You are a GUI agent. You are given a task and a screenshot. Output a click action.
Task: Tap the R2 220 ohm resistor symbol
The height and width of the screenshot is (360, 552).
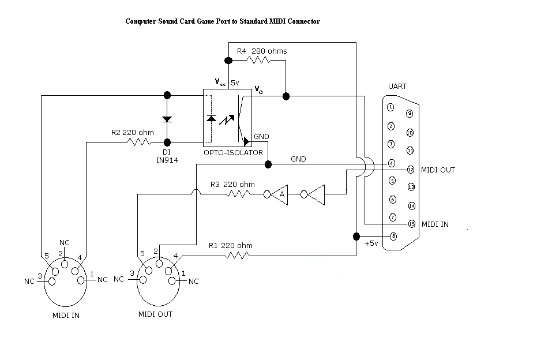click(138, 141)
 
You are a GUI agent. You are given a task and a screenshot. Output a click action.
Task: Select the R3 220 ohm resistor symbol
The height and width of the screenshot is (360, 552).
click(238, 194)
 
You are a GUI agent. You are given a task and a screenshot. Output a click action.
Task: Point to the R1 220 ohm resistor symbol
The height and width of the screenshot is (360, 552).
click(237, 254)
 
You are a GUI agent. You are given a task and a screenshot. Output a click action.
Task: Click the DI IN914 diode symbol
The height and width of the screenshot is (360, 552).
click(167, 119)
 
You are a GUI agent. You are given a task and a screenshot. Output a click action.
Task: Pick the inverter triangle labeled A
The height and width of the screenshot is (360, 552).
click(280, 194)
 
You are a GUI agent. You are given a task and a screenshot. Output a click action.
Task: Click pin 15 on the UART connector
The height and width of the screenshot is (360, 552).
click(411, 223)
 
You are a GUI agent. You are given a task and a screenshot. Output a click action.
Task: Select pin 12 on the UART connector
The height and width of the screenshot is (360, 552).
click(411, 170)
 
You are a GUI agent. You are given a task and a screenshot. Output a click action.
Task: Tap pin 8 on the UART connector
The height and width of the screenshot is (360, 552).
click(393, 235)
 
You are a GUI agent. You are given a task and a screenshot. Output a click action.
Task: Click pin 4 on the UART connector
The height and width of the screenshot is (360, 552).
click(391, 163)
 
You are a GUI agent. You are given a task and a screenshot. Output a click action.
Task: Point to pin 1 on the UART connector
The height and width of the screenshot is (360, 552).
click(391, 107)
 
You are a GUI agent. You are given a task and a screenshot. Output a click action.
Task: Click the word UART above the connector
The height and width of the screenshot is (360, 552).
click(398, 87)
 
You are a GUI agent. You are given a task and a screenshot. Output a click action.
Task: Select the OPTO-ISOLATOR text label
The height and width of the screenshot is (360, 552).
click(234, 153)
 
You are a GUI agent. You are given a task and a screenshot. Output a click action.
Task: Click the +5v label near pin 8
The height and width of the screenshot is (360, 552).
click(371, 243)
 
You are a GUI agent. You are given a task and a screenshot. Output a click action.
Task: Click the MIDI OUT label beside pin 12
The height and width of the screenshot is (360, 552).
click(438, 170)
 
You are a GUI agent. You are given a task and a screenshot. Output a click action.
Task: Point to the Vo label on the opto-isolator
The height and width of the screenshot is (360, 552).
click(258, 90)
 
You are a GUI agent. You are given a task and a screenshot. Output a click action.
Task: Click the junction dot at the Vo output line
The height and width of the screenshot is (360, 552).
click(286, 96)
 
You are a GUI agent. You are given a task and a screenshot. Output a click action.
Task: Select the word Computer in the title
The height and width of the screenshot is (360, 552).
click(141, 21)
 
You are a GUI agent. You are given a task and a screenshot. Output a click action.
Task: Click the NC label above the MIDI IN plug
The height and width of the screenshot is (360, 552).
click(65, 242)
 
